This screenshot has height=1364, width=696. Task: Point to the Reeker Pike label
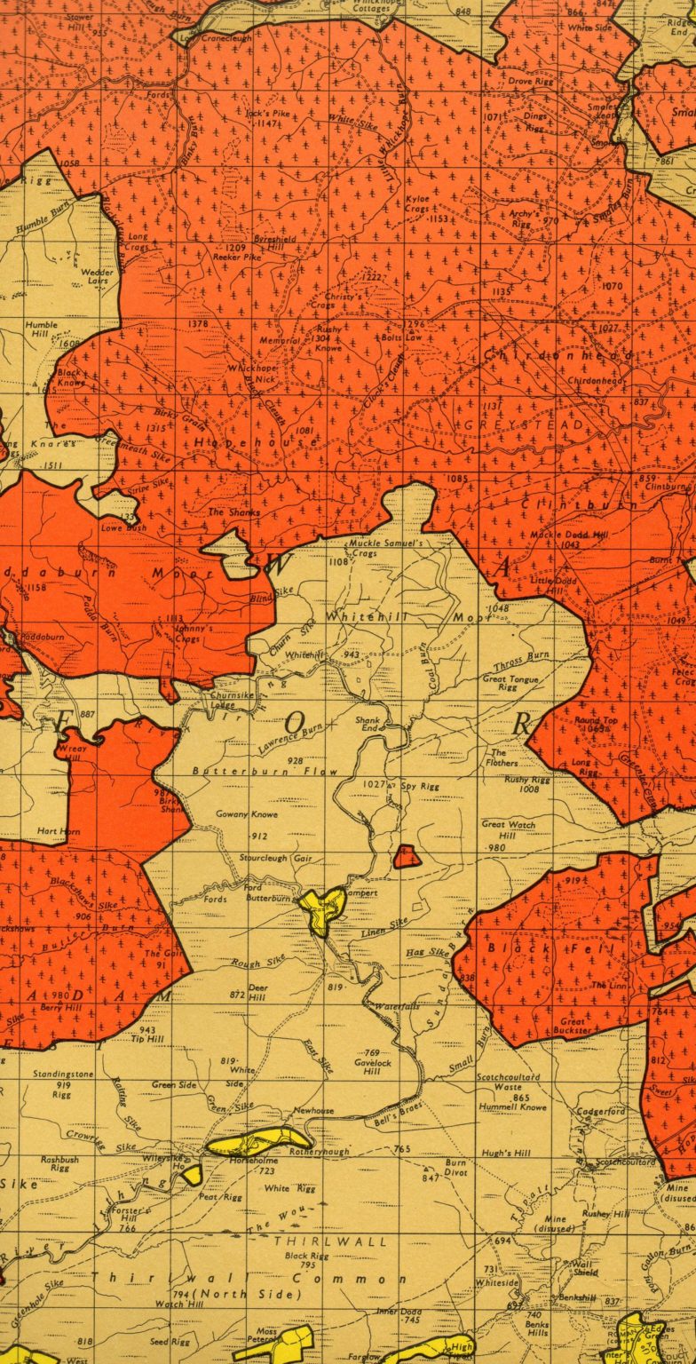click(x=237, y=256)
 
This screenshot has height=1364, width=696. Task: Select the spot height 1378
click(x=199, y=325)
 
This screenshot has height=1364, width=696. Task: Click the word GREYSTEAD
click(x=525, y=425)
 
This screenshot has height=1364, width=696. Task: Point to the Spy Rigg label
click(x=420, y=787)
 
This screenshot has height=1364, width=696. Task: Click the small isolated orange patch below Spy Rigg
click(x=407, y=857)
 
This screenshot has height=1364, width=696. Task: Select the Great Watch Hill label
click(x=509, y=829)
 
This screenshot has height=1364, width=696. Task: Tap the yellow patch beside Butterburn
click(x=322, y=908)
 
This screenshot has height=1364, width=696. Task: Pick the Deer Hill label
click(x=258, y=992)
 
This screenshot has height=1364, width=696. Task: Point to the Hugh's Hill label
click(x=506, y=1153)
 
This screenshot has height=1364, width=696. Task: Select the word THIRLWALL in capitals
click(x=331, y=1241)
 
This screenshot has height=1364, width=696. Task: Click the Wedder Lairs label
click(x=98, y=276)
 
